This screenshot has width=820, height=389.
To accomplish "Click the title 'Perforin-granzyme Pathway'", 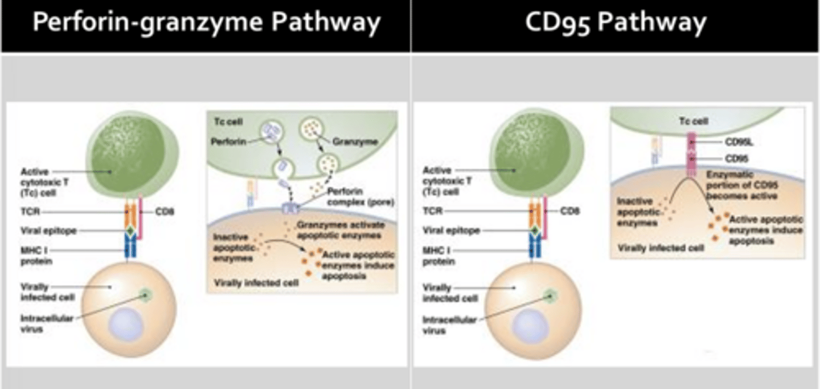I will (x=206, y=24).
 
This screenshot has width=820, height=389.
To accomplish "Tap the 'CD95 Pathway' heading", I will (x=616, y=24).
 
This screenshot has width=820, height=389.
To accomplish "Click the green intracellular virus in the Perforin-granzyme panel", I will (x=146, y=295).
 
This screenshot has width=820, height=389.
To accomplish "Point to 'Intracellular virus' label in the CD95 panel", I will (x=449, y=325).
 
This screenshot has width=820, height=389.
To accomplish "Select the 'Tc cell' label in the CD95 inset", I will (x=693, y=121).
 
